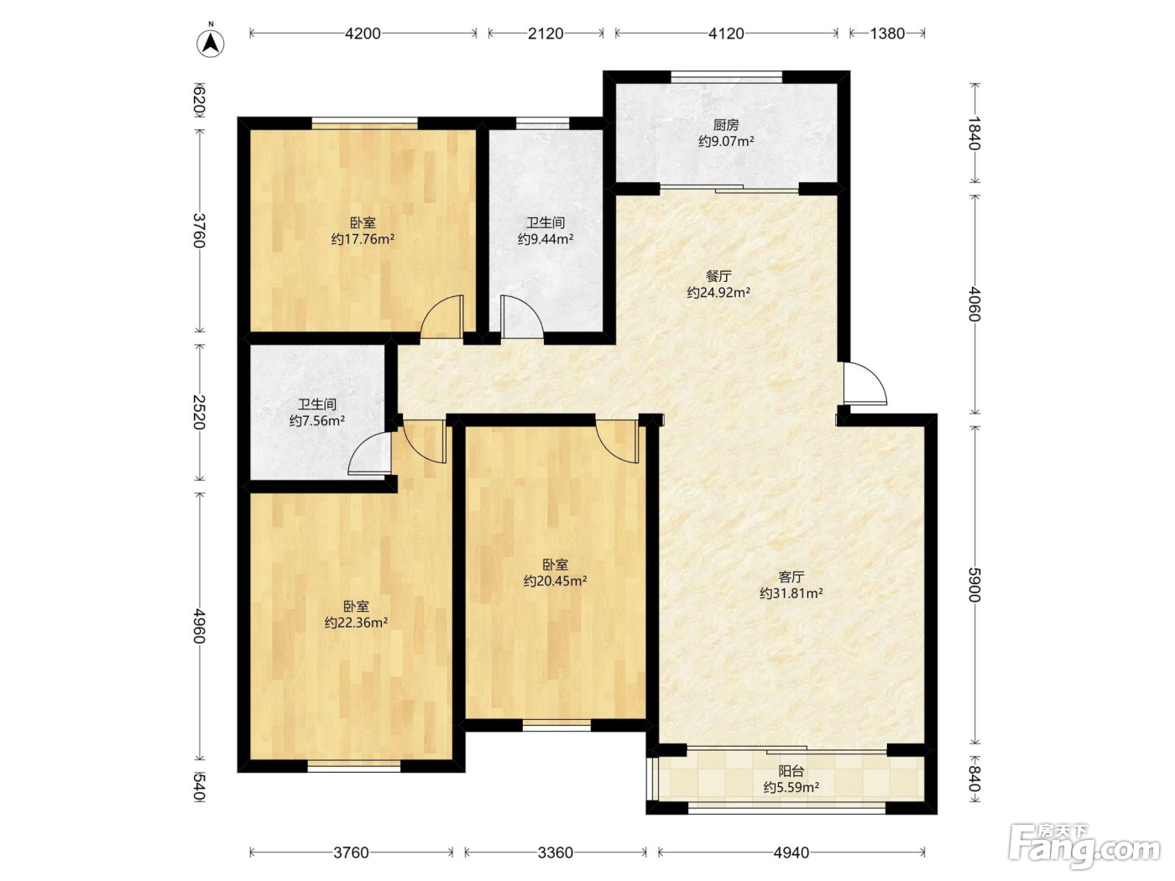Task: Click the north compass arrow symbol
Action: [x=211, y=43]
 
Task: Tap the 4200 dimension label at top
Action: [x=363, y=34]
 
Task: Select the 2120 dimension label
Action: [x=546, y=34]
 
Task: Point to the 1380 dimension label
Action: [x=887, y=34]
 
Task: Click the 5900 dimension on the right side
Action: [x=974, y=585]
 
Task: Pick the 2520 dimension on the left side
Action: [x=199, y=413]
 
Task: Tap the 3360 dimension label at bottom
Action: [x=555, y=852]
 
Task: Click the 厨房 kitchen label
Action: [x=726, y=125]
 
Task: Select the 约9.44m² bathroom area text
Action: [x=546, y=239]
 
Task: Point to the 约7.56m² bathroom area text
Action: [x=317, y=421]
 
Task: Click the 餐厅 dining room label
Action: [x=718, y=277]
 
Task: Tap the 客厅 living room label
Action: [x=791, y=577]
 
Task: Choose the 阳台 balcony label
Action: [x=791, y=771]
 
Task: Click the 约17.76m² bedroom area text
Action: [x=363, y=239]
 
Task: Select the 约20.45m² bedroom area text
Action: [x=555, y=581]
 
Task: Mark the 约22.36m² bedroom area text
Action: [x=356, y=623]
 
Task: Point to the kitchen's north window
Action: [x=726, y=77]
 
